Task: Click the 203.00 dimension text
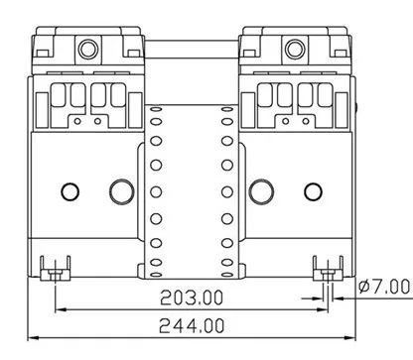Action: pos(192,298)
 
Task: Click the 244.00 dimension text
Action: pos(192,325)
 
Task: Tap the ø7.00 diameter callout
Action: pos(384,287)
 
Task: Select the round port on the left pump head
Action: pos(88,49)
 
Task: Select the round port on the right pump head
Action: pos(295,49)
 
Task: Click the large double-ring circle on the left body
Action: pos(122,192)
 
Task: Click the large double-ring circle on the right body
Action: pos(261,192)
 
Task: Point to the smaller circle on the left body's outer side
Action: pos(70,192)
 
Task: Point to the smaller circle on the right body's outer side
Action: pos(313,192)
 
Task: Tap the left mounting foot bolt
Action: pos(56,274)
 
